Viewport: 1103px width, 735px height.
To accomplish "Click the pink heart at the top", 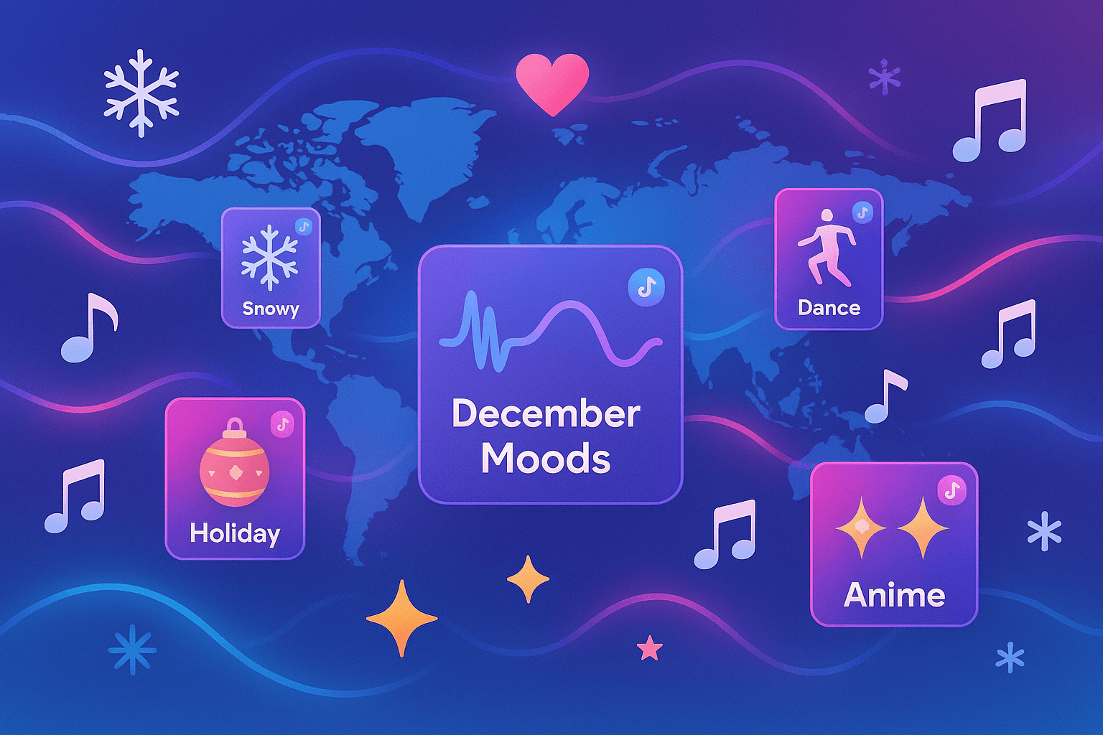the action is coord(552,84).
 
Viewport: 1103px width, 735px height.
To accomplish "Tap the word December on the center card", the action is coord(546,414).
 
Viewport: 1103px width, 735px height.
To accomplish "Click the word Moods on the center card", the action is coord(546,458).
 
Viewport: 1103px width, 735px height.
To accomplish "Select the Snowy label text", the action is coord(270,309).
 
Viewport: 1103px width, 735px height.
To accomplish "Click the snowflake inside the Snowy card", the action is coord(269,256).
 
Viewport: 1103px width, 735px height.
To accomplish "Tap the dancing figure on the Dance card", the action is coord(826,247).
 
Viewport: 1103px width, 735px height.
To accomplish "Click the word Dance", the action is coord(829,308).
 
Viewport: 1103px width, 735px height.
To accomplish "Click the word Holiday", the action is coord(235,533).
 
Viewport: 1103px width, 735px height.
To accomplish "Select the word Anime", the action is coord(894,595).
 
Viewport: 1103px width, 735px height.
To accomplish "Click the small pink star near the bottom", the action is coord(649,647).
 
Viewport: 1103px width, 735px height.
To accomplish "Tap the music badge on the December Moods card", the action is coord(646,287).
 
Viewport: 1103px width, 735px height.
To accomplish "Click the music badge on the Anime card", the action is coord(952,490).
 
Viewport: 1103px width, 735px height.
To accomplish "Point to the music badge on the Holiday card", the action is coord(283,423).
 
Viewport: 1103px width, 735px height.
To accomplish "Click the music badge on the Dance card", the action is coord(862,212).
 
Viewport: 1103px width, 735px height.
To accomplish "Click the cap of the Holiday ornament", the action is coord(234,427).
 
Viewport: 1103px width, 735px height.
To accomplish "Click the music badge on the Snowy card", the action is coord(304,226).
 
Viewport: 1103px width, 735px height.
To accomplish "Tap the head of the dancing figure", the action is coord(827,217).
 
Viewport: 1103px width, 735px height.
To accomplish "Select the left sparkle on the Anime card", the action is coord(861,528).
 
